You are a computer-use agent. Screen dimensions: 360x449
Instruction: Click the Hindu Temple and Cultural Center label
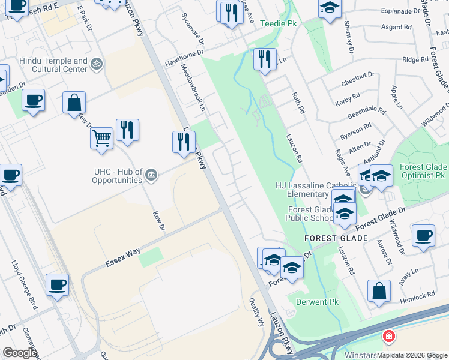[53, 65]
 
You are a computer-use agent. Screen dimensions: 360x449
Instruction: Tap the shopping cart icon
[101, 139]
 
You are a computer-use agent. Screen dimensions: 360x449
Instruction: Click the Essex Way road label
[123, 254]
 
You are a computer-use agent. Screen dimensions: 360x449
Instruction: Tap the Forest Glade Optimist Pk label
[423, 172]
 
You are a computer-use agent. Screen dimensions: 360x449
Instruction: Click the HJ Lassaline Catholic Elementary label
[302, 189]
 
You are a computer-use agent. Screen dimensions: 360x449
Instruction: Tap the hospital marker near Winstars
[389, 336]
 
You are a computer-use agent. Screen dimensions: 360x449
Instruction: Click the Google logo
[20, 353]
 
